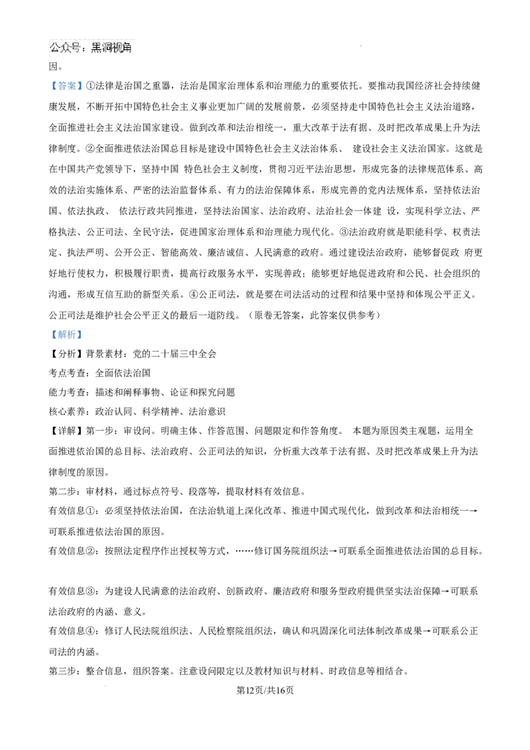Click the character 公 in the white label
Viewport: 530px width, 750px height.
coord(55,48)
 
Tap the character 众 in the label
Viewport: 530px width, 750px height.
coord(66,48)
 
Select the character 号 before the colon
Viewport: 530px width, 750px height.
coord(76,48)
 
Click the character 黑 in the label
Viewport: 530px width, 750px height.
coord(96,48)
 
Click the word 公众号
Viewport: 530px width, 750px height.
coord(66,48)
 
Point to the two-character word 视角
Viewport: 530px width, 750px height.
coord(123,48)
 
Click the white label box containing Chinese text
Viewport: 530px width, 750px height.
coord(90,48)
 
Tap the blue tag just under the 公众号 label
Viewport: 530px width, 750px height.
coord(66,85)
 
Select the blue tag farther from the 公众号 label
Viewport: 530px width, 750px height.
coord(66,334)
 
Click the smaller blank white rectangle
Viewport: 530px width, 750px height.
coord(191,421)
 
